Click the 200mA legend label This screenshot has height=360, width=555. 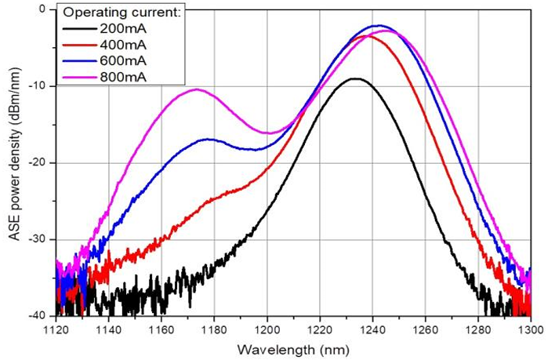tap(123, 28)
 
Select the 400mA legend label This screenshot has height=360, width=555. tap(123, 45)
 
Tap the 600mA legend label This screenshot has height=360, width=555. tap(123, 61)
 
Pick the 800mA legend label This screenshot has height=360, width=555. tap(123, 77)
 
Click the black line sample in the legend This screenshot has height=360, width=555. tap(80, 29)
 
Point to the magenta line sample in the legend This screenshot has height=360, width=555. tap(80, 77)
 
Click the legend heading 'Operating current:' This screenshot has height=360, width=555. tap(122, 13)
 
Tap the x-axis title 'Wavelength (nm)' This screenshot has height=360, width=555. tap(293, 350)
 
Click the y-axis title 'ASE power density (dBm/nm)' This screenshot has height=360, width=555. tap(15, 155)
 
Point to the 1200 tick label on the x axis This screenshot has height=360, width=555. tap(267, 330)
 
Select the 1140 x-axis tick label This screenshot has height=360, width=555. tap(109, 330)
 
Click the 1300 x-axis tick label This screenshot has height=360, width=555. tap(531, 330)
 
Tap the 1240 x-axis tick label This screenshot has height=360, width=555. tap(372, 330)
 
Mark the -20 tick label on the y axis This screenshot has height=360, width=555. tap(38, 163)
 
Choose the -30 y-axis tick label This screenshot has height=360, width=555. tap(38, 240)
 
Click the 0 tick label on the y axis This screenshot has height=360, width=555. tap(43, 9)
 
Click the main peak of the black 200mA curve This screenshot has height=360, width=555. tap(357, 78)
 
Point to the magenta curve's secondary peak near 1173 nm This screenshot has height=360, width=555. tap(197, 89)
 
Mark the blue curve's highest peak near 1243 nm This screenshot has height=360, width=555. tap(379, 25)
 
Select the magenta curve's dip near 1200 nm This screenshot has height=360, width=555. tap(270, 133)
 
